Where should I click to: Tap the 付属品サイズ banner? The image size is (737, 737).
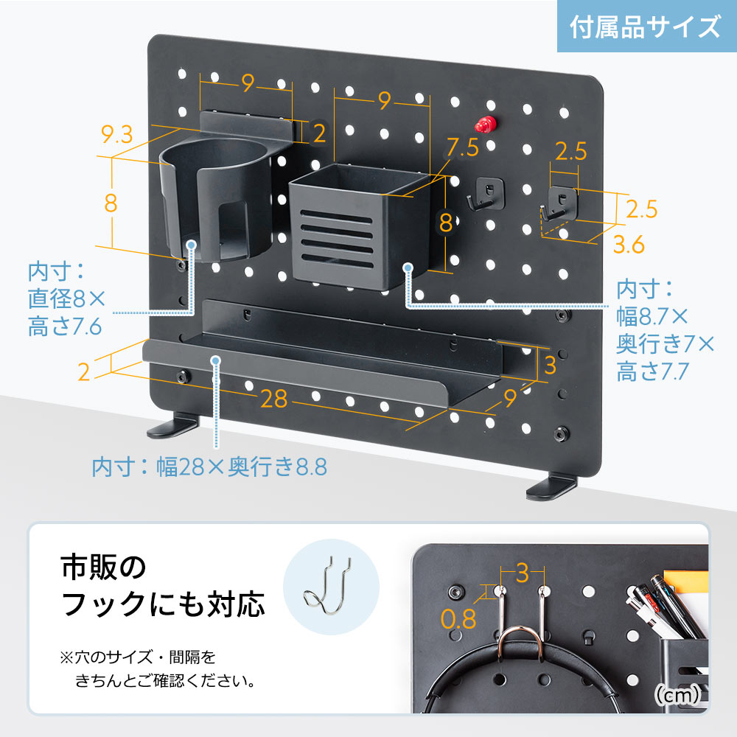point(645,27)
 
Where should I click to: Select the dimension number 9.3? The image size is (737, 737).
point(117,134)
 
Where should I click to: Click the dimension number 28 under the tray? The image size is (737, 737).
point(273,399)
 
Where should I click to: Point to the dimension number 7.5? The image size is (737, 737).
point(462,147)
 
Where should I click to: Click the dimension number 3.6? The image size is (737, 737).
point(629,245)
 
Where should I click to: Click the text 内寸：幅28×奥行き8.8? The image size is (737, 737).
point(209,467)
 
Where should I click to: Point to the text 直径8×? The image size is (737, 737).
point(66,298)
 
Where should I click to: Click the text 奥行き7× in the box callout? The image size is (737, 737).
point(666,344)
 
